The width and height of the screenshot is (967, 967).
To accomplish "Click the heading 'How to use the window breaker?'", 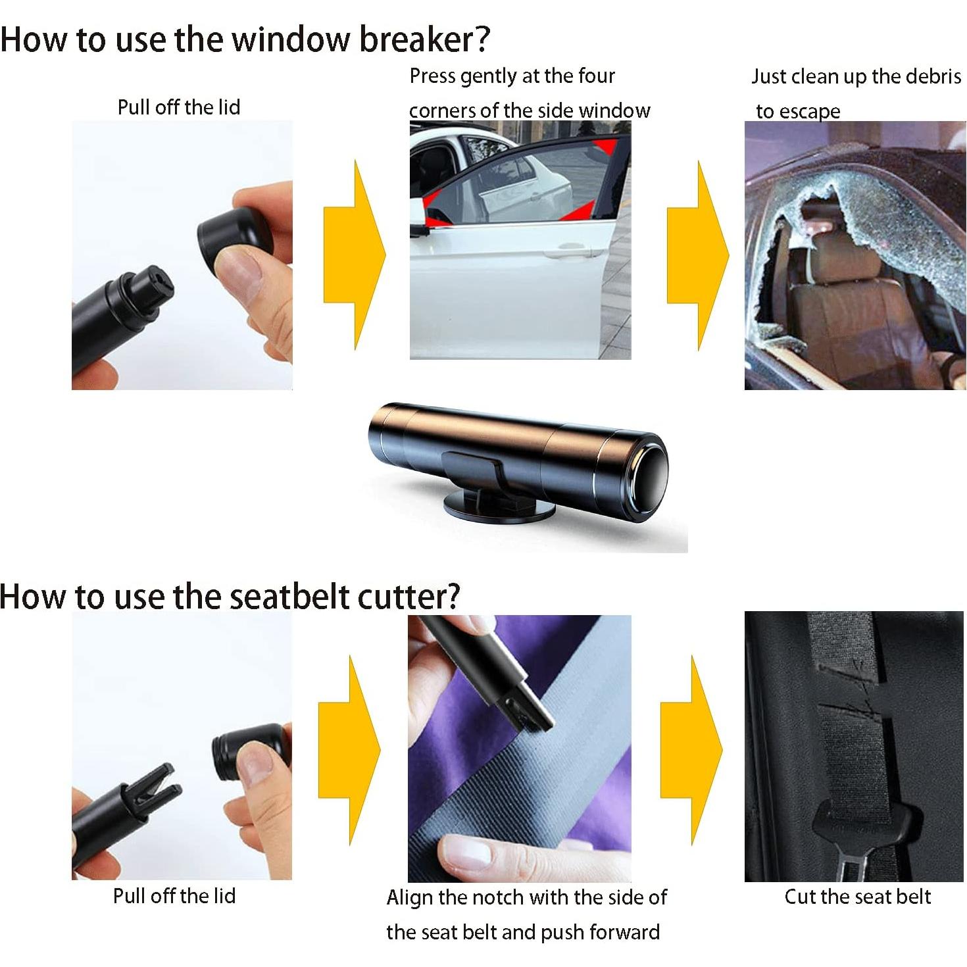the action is (245, 39).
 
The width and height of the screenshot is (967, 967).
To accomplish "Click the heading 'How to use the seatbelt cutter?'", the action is (230, 597).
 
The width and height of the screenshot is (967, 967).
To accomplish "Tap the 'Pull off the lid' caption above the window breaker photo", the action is (179, 107).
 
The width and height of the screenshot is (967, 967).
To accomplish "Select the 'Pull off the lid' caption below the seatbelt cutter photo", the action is (174, 896).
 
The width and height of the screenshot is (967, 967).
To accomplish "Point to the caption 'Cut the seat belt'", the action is (857, 897).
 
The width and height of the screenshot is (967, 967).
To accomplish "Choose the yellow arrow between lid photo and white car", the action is (355, 255).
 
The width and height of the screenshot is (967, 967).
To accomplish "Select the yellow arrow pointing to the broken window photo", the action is (697, 255).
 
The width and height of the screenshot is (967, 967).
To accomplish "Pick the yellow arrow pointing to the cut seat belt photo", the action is (691, 750).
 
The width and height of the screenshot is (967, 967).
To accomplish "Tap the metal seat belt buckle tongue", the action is (852, 868).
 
